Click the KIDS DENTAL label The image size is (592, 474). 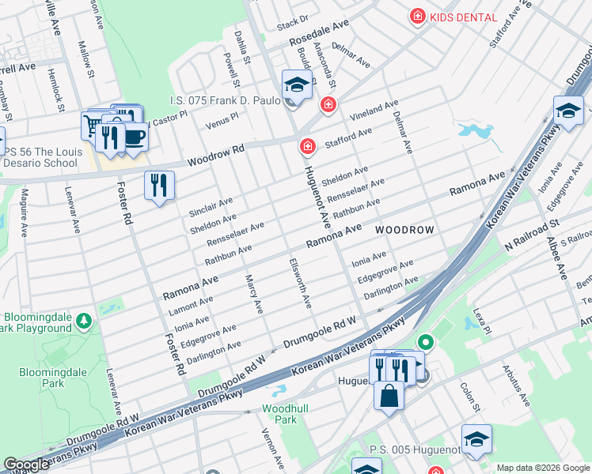click(463, 17)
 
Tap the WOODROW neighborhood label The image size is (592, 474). click(404, 230)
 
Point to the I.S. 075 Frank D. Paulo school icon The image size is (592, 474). click(297, 85)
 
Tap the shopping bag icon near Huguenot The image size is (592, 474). click(389, 395)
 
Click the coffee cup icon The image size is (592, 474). click(134, 136)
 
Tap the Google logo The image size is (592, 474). click(26, 464)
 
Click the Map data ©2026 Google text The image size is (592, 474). click(543, 468)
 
